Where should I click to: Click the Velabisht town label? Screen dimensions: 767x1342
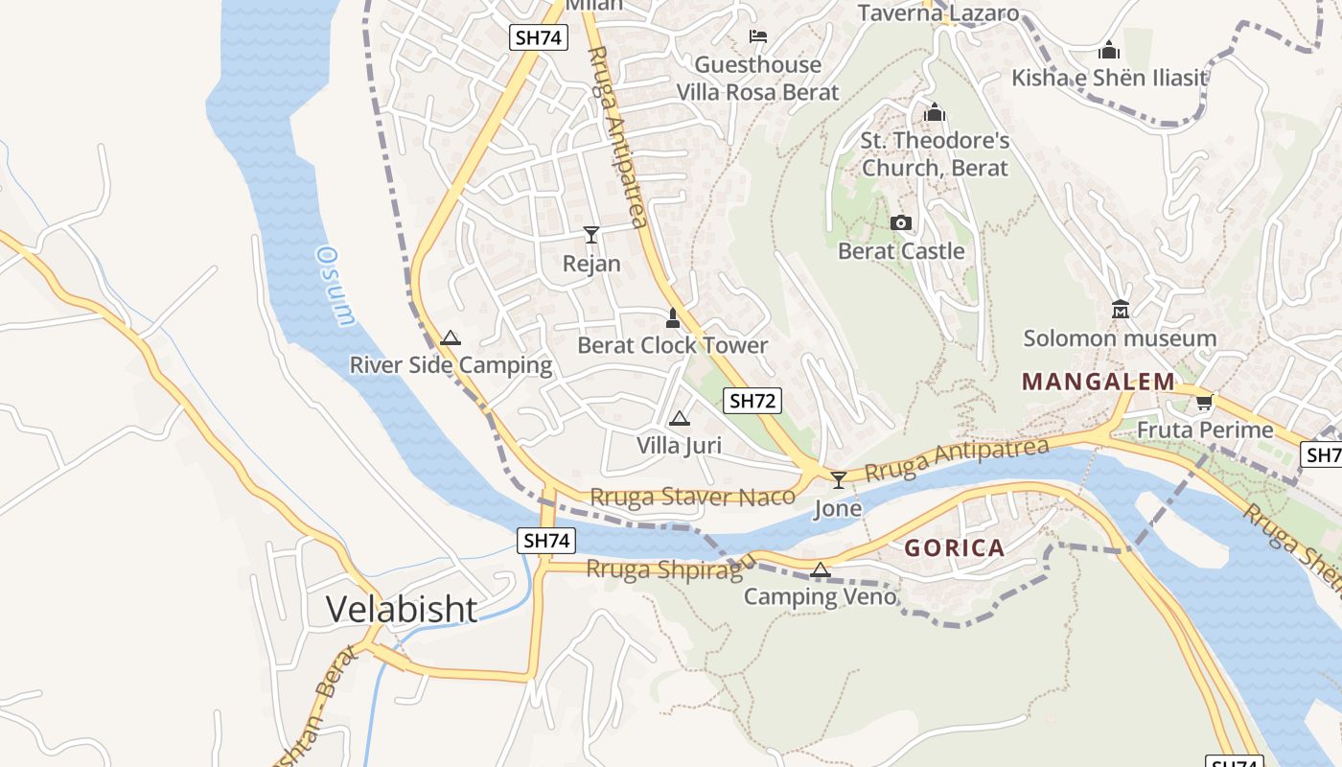(401, 609)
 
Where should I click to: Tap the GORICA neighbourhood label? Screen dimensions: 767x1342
(954, 548)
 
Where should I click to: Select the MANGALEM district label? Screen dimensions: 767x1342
(1098, 382)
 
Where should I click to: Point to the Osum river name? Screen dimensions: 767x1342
(337, 286)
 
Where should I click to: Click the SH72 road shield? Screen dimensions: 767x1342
(752, 401)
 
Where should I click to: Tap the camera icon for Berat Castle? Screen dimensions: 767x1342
(900, 222)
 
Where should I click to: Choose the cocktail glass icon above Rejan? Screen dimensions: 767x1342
(591, 235)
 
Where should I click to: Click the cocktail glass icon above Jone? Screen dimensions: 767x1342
(839, 479)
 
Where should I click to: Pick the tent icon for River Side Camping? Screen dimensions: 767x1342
(451, 337)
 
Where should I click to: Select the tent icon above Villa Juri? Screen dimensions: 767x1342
(679, 418)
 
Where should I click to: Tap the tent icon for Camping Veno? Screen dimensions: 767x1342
(820, 570)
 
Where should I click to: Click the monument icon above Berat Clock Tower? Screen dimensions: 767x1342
(673, 317)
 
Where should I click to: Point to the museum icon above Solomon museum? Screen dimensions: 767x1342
(1120, 310)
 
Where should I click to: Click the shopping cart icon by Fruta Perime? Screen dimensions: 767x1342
(1205, 402)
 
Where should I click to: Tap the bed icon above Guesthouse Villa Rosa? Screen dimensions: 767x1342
(758, 36)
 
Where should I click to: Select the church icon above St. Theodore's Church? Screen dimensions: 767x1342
(935, 113)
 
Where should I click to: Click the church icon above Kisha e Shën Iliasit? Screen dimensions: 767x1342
(1109, 50)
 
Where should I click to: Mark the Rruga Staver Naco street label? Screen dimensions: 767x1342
(692, 497)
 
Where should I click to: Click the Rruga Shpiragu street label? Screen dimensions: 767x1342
(671, 568)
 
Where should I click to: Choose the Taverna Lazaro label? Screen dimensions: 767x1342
(937, 12)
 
